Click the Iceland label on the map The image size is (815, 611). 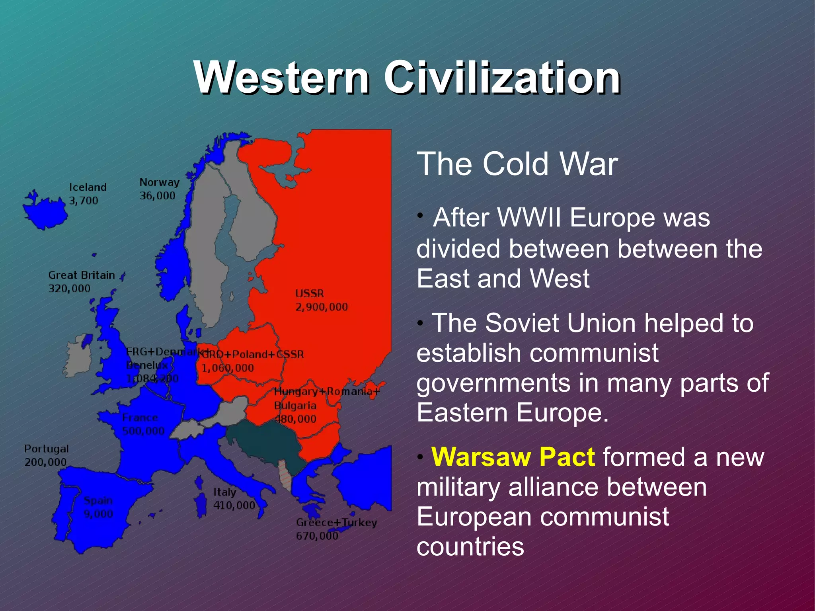(x=88, y=187)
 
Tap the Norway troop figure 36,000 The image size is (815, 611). (x=158, y=196)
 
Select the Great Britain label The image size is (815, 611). (x=82, y=275)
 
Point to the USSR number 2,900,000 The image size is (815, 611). (x=322, y=307)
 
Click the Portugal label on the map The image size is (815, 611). (x=47, y=449)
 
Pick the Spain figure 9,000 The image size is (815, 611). (x=98, y=514)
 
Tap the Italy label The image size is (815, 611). (x=225, y=492)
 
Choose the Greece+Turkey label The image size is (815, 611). (x=336, y=523)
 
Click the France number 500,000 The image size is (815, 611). (x=143, y=431)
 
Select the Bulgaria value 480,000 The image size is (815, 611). (x=295, y=419)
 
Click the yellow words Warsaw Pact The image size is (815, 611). (x=513, y=457)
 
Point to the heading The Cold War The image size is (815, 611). (x=517, y=164)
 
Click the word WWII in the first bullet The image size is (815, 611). (x=529, y=218)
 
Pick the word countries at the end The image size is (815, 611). (x=470, y=547)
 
